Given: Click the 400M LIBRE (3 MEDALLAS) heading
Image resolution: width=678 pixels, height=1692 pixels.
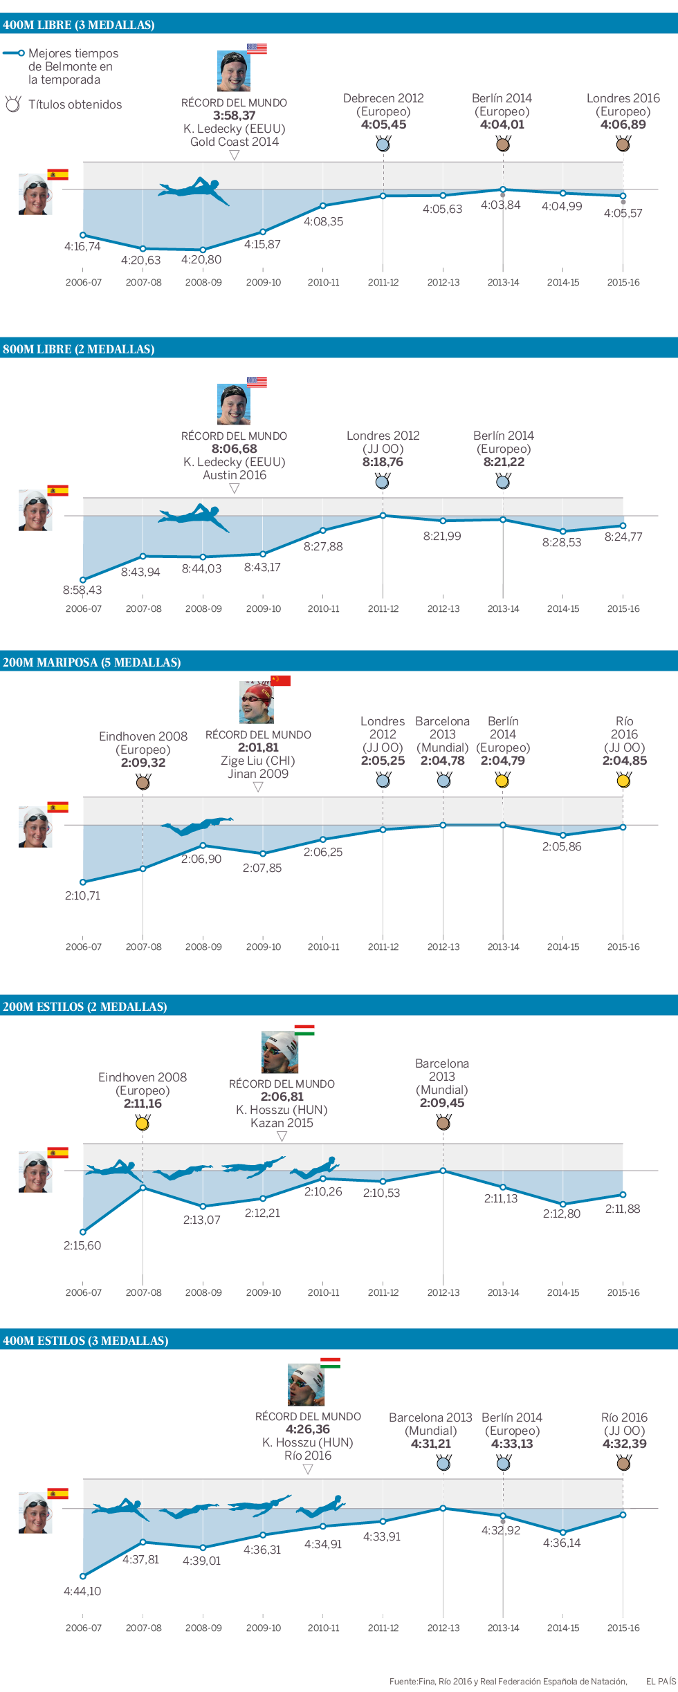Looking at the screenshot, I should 79,25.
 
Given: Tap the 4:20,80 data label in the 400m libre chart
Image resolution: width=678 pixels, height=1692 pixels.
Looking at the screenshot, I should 201,260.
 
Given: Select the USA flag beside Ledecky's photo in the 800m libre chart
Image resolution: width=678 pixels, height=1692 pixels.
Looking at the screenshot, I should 257,382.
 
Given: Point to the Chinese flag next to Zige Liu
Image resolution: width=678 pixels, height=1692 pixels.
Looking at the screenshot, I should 280,680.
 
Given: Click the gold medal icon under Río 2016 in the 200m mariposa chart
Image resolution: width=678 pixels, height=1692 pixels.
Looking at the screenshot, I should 623,781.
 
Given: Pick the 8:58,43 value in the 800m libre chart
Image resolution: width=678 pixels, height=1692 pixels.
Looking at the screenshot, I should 82,590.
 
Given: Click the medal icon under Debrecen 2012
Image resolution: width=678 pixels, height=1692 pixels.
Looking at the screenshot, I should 383,144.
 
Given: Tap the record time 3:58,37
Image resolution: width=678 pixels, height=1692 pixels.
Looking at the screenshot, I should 234,115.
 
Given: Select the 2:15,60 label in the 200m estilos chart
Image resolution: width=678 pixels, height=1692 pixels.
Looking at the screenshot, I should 82,1245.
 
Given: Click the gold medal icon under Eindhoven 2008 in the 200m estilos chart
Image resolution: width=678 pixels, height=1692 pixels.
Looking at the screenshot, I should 143,1124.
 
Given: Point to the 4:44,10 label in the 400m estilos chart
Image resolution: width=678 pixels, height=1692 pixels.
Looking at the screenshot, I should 82,1591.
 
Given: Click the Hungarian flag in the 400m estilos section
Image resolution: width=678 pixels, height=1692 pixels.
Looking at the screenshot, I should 330,1363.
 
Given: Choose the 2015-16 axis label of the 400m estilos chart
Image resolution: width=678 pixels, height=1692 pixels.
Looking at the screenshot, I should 623,1628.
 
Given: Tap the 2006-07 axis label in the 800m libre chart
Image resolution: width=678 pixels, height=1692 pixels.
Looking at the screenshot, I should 83,608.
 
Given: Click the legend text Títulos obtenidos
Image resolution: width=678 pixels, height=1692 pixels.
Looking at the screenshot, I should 75,104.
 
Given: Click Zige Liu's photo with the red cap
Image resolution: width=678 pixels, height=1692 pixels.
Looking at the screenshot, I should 256,703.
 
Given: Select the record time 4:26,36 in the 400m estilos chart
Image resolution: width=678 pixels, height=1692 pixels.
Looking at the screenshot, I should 308,1429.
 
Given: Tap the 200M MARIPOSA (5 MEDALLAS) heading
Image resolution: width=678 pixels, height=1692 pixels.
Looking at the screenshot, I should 92,662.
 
